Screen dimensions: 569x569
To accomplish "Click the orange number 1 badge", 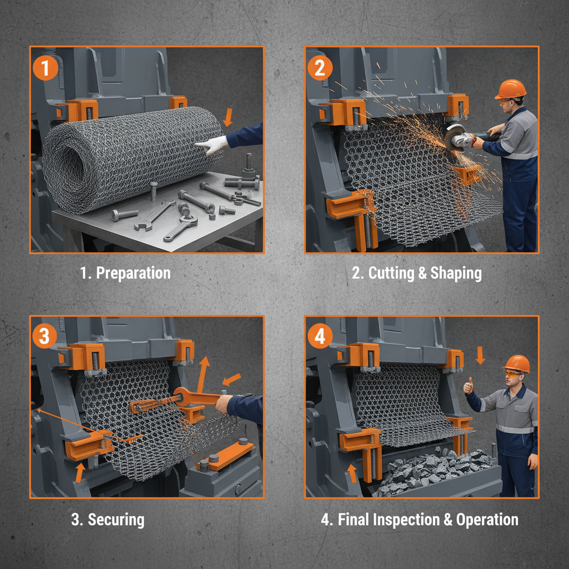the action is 45,68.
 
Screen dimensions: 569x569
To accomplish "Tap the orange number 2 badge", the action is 320,68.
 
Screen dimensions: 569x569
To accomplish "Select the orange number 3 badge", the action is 44,336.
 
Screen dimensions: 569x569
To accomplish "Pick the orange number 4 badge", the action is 320,336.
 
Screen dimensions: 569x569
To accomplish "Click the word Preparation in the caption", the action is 133,273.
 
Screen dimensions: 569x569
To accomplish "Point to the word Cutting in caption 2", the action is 391,273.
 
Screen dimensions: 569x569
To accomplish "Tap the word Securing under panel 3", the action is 116,520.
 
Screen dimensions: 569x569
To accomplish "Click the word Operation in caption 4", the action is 487,520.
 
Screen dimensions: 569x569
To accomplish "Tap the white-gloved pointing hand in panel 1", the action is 212,145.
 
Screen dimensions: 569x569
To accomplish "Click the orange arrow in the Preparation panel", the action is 228,117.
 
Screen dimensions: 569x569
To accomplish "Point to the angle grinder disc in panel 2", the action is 453,138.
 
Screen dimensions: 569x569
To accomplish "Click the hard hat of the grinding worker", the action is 511,89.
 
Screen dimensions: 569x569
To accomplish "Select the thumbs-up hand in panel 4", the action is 468,386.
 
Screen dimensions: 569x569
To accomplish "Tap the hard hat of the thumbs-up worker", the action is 517,363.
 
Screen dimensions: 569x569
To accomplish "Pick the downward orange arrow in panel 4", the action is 480,355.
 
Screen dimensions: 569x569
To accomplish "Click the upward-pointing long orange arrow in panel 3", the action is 203,374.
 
